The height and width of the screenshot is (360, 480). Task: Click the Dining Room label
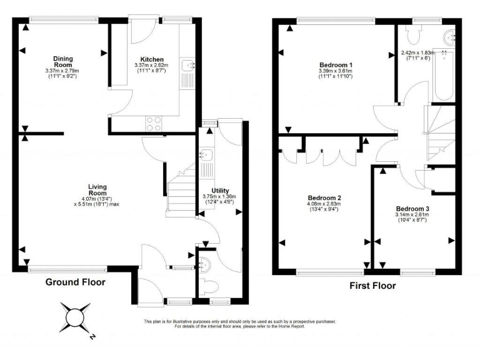(x=63, y=61)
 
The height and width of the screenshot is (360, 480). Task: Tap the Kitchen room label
(x=152, y=59)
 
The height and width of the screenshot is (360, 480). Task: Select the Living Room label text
(x=97, y=190)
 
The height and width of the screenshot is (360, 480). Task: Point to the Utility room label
(x=220, y=191)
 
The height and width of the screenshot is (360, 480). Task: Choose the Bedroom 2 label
(x=324, y=197)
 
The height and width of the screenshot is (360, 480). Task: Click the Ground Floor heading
(x=75, y=282)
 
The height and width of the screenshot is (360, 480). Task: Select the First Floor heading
(x=372, y=286)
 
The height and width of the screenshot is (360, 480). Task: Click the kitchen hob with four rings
(x=154, y=124)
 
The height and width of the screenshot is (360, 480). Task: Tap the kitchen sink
(x=188, y=64)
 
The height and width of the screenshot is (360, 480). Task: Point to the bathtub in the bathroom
(x=444, y=75)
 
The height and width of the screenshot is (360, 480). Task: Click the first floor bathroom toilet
(x=413, y=34)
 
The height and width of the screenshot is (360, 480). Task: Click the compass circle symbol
(x=75, y=317)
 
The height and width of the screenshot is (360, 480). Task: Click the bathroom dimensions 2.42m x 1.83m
(x=417, y=52)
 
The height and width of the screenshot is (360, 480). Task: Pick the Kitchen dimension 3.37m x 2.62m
(x=151, y=65)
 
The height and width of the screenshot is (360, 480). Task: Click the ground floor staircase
(x=181, y=191)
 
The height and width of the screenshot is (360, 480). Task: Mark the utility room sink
(x=204, y=155)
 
